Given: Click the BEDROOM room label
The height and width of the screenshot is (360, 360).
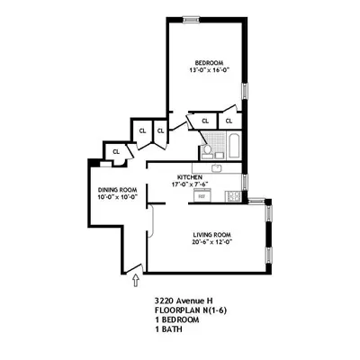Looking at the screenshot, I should pyautogui.click(x=205, y=63).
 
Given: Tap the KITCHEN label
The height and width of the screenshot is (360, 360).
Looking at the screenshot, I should pyautogui.click(x=189, y=176).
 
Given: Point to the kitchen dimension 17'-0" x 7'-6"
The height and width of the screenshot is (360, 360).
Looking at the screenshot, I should pyautogui.click(x=190, y=184).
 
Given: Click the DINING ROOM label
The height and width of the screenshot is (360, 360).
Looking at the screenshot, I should pyautogui.click(x=117, y=190).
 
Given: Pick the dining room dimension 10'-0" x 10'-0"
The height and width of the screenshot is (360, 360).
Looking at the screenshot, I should pyautogui.click(x=117, y=198).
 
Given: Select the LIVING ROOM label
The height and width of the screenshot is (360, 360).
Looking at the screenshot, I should pyautogui.click(x=212, y=233).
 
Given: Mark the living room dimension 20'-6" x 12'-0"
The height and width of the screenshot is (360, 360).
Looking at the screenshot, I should pyautogui.click(x=212, y=241).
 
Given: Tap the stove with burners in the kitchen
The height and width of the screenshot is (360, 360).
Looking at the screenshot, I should pyautogui.click(x=237, y=195).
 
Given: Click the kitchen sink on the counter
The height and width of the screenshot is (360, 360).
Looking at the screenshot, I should pyautogui.click(x=217, y=168).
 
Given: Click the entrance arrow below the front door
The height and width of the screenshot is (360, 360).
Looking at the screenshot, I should pyautogui.click(x=135, y=281).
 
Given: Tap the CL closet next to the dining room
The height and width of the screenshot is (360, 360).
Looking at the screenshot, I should pyautogui.click(x=115, y=152).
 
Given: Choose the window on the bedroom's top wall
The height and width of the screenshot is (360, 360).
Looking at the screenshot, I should pyautogui.click(x=191, y=18).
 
